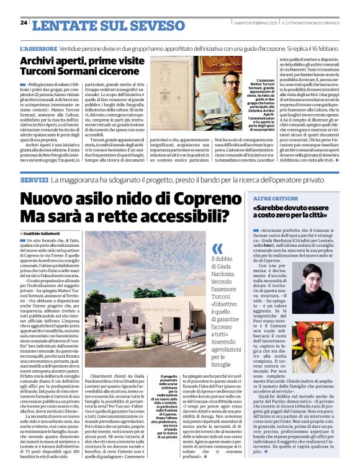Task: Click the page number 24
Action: pos(24,22)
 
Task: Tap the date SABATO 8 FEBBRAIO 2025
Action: pos(254,23)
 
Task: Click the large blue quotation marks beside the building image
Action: pos(217,249)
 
